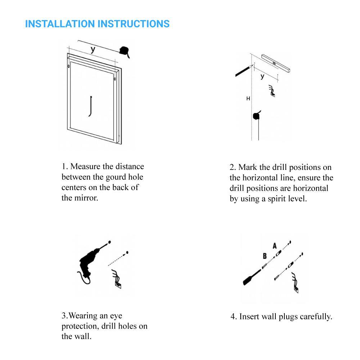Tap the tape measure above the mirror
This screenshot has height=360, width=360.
point(125,51)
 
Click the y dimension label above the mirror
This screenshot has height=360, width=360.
point(93,49)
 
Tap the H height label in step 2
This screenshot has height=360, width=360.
point(248,98)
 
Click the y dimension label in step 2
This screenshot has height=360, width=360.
point(262,76)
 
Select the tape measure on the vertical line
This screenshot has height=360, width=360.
point(257,115)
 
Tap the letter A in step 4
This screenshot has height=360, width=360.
point(275,246)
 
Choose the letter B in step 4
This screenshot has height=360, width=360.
point(265,256)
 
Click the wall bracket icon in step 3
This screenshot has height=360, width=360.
point(117,279)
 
